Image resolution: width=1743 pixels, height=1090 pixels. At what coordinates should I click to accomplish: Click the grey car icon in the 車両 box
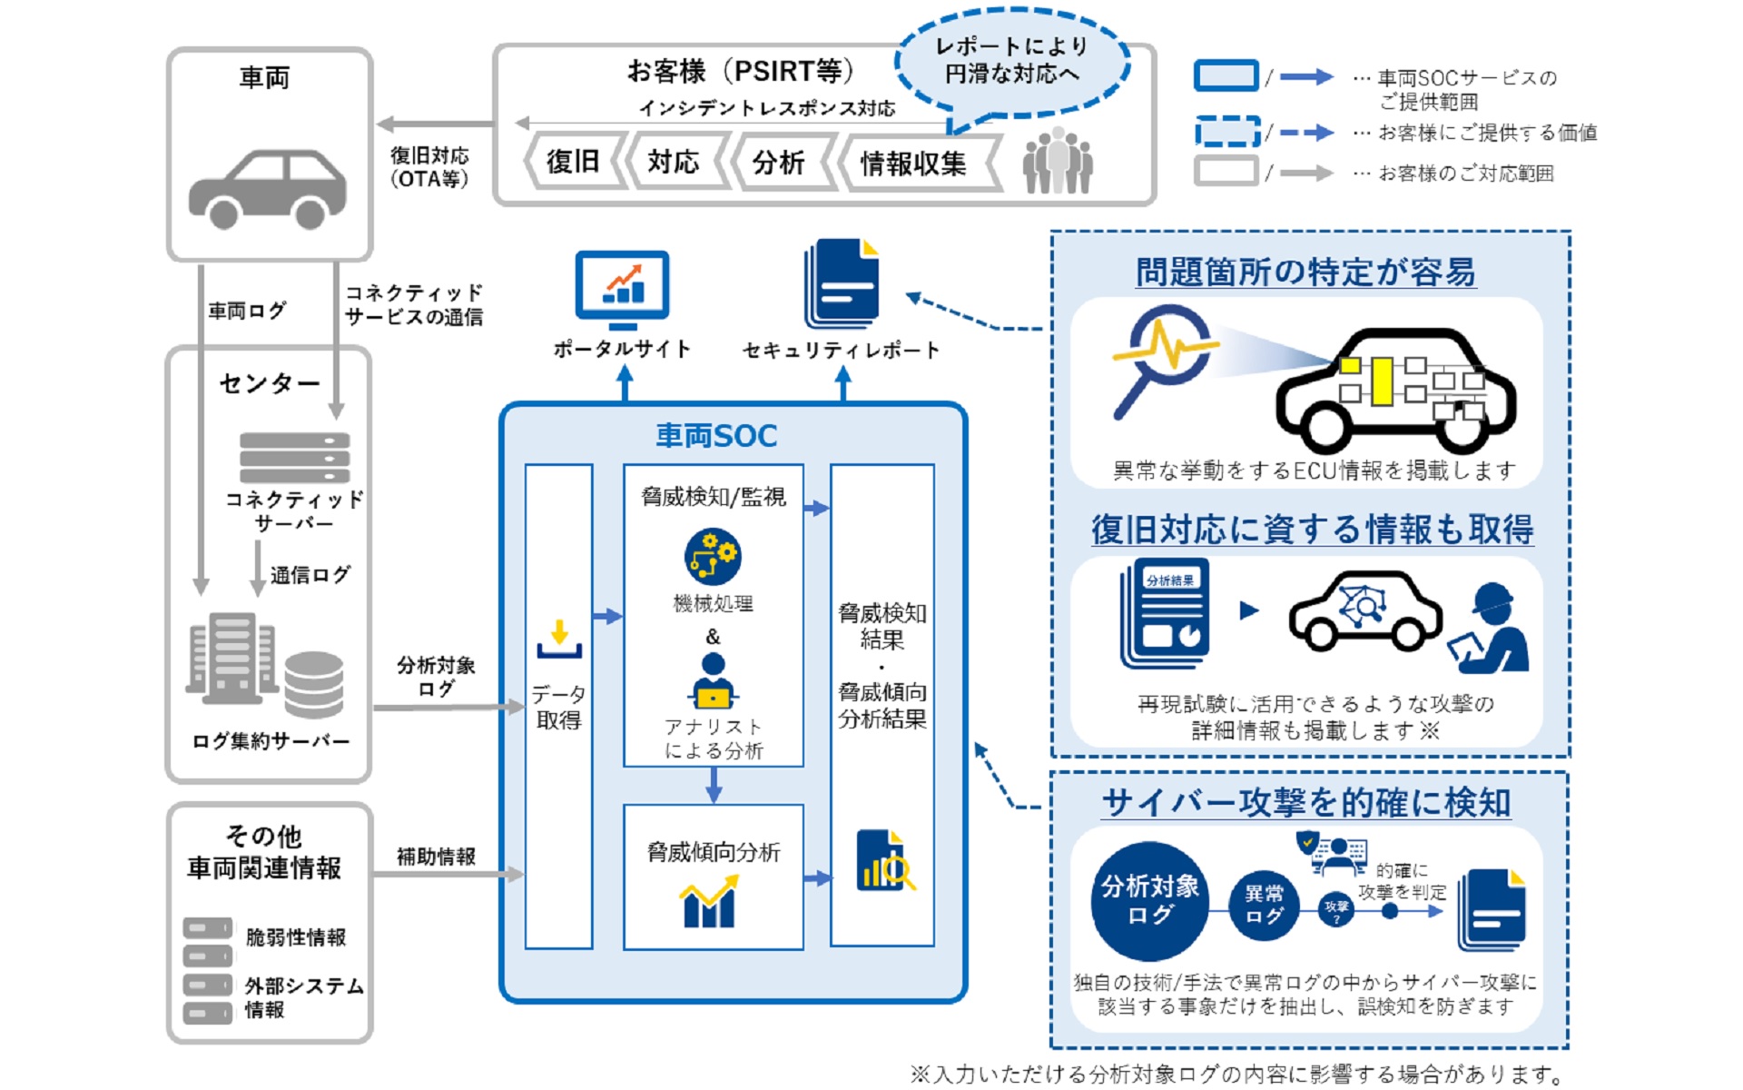(x=267, y=189)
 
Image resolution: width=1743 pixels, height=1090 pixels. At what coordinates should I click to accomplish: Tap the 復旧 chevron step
(x=573, y=162)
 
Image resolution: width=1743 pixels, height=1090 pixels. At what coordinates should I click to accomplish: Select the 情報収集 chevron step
(x=913, y=163)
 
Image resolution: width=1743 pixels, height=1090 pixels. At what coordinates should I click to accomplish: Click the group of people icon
(x=1058, y=161)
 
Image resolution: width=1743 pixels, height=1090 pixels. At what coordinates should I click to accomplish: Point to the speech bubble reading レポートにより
(x=1011, y=60)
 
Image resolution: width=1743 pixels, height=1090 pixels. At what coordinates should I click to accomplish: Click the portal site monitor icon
(x=623, y=289)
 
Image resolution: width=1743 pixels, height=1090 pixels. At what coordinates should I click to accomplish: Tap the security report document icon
(x=842, y=283)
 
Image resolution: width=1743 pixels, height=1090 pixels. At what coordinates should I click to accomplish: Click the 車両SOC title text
(x=716, y=436)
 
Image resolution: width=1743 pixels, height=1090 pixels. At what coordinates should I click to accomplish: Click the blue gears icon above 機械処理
(x=713, y=556)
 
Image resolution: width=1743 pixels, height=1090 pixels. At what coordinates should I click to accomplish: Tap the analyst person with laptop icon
(x=714, y=681)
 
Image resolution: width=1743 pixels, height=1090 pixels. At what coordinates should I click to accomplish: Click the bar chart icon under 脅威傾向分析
(x=709, y=903)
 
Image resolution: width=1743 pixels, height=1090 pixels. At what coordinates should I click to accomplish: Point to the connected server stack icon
(x=294, y=457)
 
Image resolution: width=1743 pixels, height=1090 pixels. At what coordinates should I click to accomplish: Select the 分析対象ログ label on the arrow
(x=436, y=677)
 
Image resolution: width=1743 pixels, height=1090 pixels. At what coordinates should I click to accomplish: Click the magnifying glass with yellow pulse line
(x=1161, y=354)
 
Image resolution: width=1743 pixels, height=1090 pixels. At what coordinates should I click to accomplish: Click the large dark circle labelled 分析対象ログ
(x=1149, y=900)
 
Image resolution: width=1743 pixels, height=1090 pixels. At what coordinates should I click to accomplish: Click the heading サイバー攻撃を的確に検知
(x=1306, y=803)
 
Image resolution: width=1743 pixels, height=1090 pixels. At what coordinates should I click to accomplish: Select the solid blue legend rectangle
(x=1226, y=76)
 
